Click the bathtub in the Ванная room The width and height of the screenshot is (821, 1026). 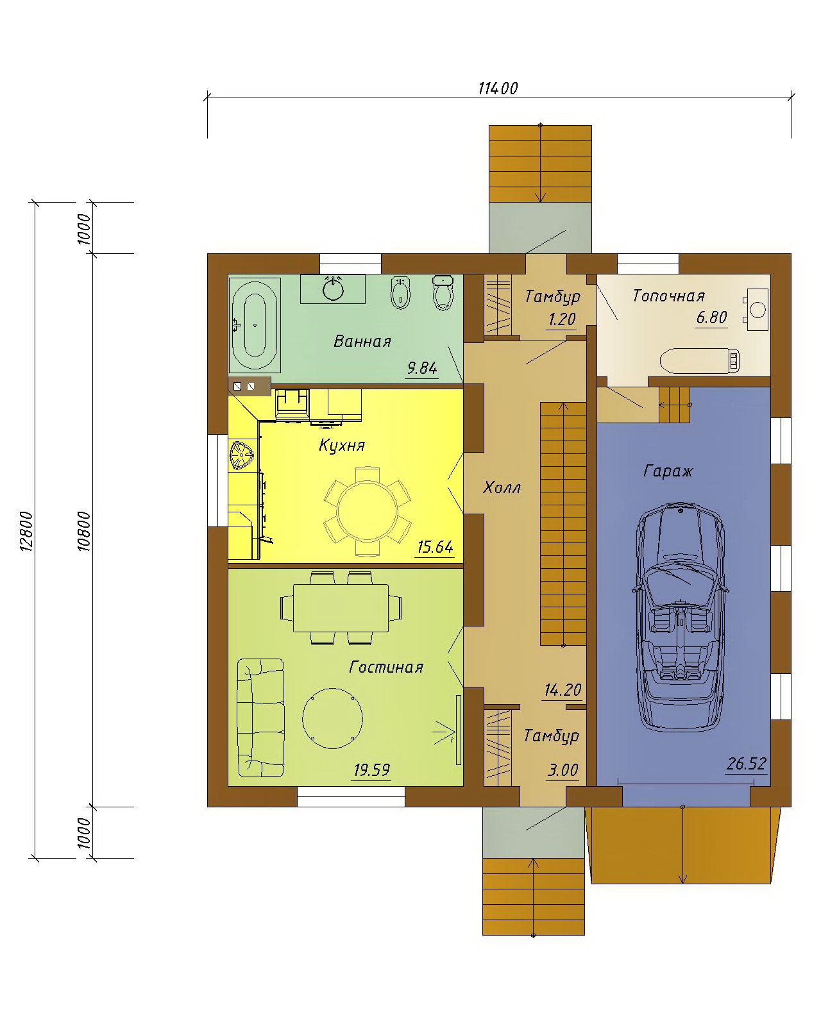click(x=255, y=324)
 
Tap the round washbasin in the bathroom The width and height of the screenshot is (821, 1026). click(x=332, y=289)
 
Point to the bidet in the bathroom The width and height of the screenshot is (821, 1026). click(x=400, y=293)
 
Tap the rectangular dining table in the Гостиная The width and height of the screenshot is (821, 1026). click(x=341, y=609)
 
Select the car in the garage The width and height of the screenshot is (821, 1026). click(x=679, y=616)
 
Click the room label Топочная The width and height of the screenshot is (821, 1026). click(x=668, y=296)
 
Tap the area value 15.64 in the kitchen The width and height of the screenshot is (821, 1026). click(x=435, y=547)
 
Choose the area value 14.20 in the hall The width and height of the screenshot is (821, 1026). click(x=563, y=689)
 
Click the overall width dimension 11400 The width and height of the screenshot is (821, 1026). click(x=498, y=88)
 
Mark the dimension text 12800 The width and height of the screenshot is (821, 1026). click(x=27, y=531)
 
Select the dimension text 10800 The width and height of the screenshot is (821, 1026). click(x=84, y=531)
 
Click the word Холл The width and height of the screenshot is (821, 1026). click(x=502, y=487)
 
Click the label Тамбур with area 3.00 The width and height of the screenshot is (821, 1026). click(x=552, y=735)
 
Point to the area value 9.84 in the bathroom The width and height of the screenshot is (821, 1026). click(x=421, y=368)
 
